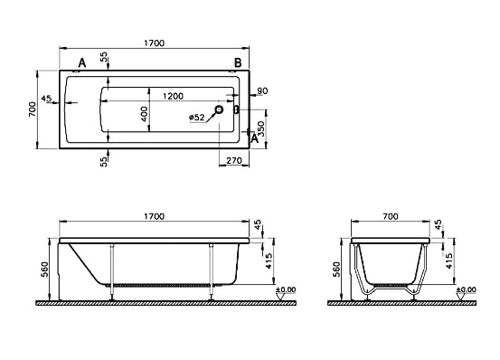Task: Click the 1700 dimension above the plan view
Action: pos(154,43)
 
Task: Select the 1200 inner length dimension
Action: pos(173,96)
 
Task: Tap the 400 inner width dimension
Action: pos(144,114)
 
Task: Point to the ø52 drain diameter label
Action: pos(197,118)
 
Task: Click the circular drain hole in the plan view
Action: pos(219,109)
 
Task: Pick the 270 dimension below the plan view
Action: pos(234,160)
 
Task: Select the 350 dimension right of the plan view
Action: pos(261,128)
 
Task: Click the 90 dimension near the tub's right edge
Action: pos(262,91)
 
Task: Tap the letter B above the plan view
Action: pos(238,63)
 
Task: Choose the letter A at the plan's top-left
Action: pos(82,63)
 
